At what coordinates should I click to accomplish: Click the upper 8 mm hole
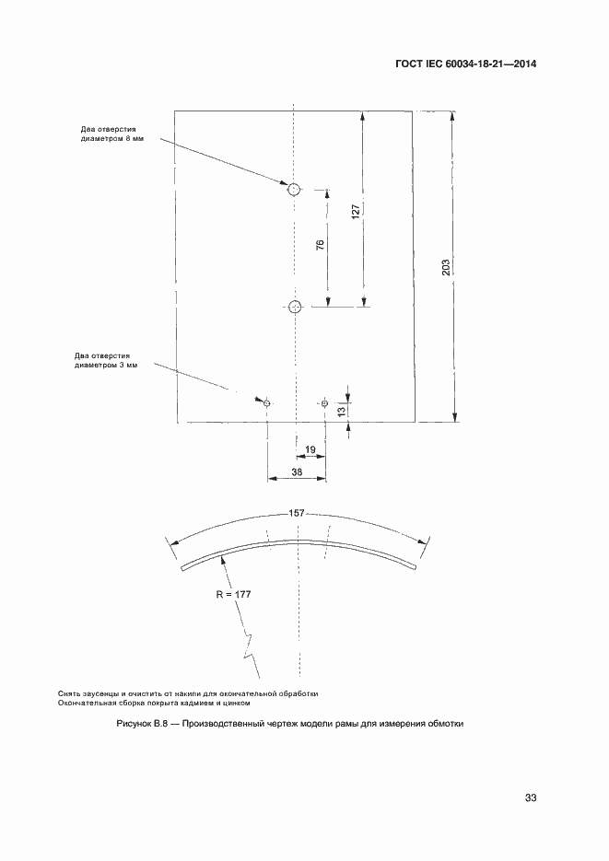[293, 190]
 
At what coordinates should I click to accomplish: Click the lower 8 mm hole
[295, 308]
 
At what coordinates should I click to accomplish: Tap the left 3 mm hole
[267, 402]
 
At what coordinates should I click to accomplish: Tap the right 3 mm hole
[324, 402]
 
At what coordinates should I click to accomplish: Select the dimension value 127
[357, 210]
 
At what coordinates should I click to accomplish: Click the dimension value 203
[445, 267]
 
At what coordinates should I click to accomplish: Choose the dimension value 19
[310, 449]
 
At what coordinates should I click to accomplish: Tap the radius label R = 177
[233, 595]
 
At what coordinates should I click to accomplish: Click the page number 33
[530, 797]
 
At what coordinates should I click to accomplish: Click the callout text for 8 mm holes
[112, 134]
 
